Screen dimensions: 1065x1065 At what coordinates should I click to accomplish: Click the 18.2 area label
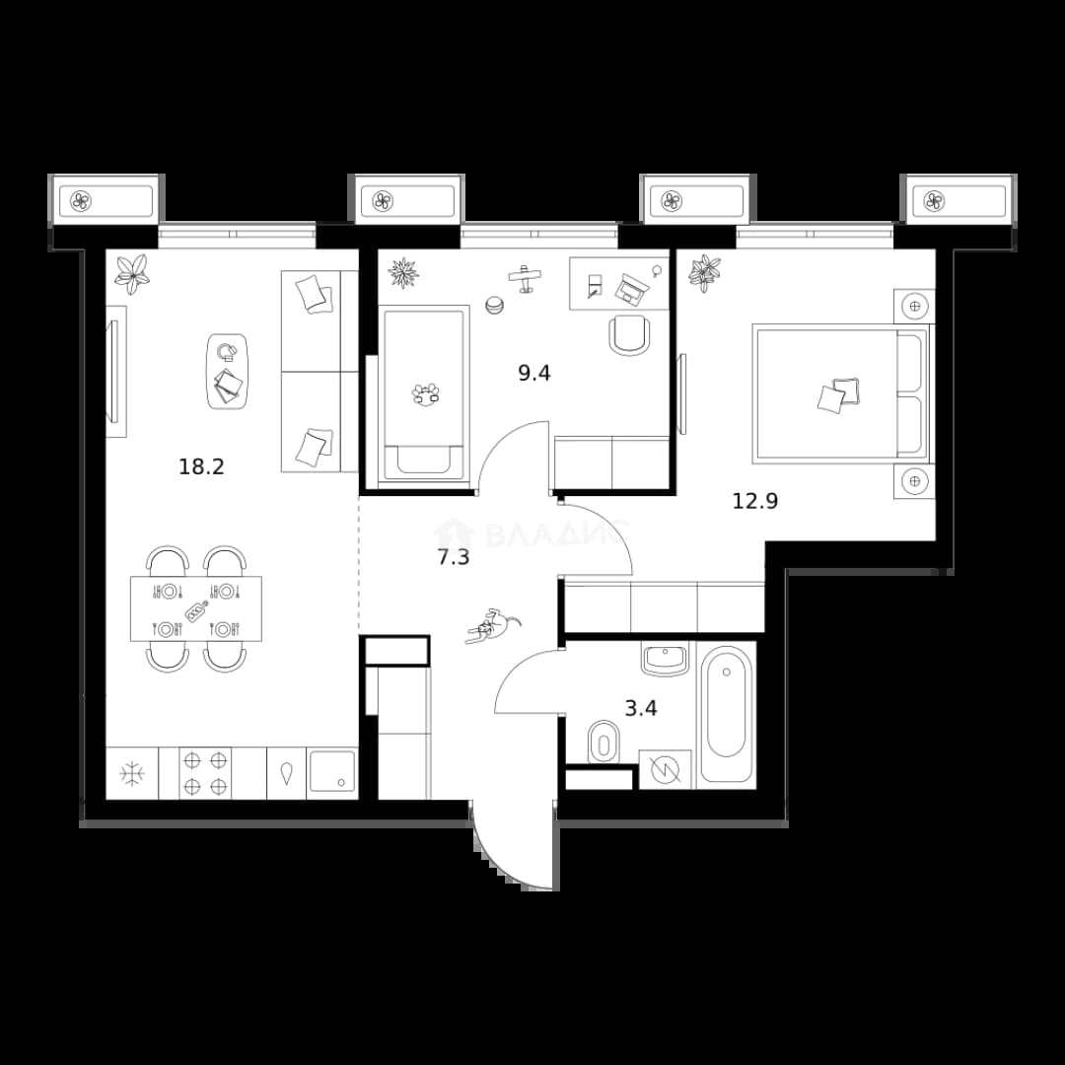click(201, 467)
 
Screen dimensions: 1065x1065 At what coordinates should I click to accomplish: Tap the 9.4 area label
click(533, 373)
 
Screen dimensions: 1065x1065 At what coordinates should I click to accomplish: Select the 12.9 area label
click(754, 501)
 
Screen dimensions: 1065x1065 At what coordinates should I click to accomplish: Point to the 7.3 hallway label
click(453, 557)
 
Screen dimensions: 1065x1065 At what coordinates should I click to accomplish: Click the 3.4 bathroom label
click(641, 709)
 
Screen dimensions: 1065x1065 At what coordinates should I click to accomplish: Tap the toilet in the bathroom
click(602, 742)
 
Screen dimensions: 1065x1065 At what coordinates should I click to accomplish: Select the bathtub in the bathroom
click(726, 716)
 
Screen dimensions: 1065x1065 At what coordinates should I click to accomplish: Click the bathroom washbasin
click(666, 660)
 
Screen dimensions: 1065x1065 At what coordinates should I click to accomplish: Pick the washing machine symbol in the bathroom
click(665, 769)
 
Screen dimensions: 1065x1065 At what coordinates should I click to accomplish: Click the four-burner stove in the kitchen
click(205, 773)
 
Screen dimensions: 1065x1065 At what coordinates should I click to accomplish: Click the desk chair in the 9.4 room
click(629, 334)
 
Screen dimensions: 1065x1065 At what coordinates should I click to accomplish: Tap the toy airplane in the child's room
click(525, 278)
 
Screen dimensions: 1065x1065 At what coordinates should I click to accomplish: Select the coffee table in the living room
click(228, 372)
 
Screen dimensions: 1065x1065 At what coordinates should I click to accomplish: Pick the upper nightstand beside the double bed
click(914, 307)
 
